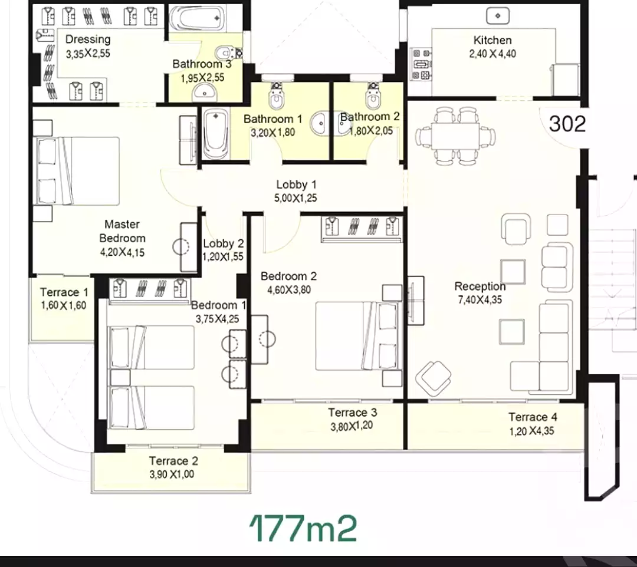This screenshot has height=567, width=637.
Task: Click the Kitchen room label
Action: pos(492,40)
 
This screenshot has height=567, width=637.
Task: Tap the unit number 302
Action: pos(567,124)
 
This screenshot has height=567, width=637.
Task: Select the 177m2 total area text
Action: pos(303,529)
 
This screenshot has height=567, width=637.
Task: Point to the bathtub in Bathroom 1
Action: pos(215,134)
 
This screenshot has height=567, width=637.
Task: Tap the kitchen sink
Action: pos(498,17)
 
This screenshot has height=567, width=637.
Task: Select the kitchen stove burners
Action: pos(421,64)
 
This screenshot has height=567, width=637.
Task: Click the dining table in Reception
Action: pos(455,136)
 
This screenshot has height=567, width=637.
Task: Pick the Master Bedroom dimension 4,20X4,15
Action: pos(122,252)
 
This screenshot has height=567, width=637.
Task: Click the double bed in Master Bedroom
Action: pos(78,171)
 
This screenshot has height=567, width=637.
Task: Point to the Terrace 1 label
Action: pos(64,292)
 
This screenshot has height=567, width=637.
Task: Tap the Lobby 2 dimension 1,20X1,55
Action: pos(223,257)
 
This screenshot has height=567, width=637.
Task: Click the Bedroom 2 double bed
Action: pos(356,335)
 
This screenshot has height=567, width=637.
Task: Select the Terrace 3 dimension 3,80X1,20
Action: pos(352,426)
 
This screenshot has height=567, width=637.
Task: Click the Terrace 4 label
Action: pos(533,417)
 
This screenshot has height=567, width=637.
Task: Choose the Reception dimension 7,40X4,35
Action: pos(480,300)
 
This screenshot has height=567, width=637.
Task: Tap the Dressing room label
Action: pos(88,39)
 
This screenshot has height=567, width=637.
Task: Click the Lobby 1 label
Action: pos(296,184)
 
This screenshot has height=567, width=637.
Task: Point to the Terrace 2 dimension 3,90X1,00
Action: pos(172,474)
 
